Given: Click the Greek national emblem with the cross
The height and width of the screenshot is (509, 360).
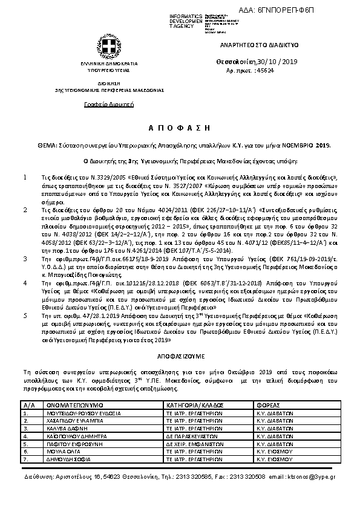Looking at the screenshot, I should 101,47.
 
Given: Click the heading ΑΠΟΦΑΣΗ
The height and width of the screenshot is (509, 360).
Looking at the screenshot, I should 179,128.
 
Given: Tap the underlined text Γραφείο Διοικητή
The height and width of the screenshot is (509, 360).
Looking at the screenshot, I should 101,105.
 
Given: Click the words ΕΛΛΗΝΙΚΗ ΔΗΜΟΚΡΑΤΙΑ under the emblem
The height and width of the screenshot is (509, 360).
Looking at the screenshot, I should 101,63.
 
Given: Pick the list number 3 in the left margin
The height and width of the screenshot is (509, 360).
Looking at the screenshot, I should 24,258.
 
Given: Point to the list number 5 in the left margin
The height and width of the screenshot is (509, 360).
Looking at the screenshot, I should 24,315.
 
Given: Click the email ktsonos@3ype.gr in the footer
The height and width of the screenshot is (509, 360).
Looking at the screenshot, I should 309,477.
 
